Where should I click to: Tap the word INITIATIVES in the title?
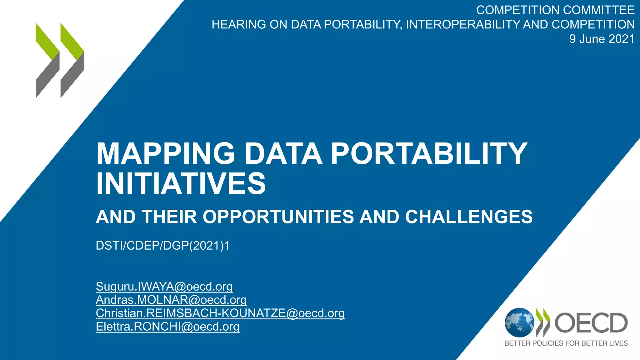[181, 183]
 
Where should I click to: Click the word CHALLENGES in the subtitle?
[469, 217]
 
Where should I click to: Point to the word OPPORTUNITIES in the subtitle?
[278, 217]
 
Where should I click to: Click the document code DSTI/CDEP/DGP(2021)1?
[162, 246]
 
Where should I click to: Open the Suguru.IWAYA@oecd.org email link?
[164, 287]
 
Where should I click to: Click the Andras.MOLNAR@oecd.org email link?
[171, 300]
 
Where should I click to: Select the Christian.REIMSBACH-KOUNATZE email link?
[220, 313]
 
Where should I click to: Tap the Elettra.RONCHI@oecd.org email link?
[167, 327]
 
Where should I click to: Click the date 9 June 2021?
[602, 39]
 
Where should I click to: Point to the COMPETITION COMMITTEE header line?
[555, 10]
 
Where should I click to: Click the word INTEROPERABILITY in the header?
[462, 25]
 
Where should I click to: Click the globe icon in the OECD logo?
[519, 323]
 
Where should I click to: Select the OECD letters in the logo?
[591, 323]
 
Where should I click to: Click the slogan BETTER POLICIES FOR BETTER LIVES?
[566, 343]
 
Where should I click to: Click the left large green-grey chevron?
[47, 60]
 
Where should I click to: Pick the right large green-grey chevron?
[72, 60]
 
